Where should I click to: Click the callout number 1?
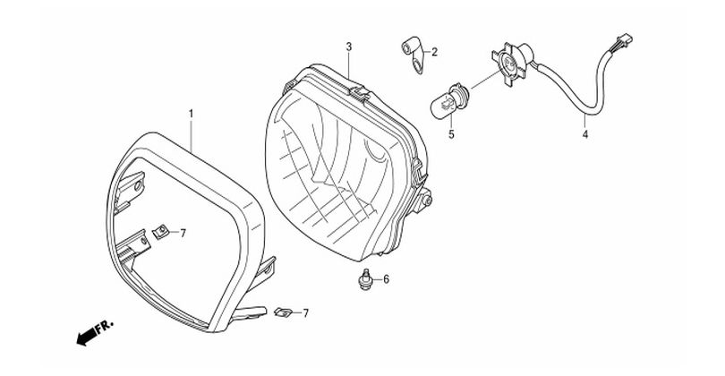pos(191,114)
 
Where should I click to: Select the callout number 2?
pos(434,52)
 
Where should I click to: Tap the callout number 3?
pos(349,47)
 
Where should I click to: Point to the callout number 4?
pos(585,135)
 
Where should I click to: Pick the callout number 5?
pos(451,134)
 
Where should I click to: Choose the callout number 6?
pos(386,279)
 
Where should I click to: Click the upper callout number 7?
pos(183,234)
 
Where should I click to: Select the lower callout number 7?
pos(305,313)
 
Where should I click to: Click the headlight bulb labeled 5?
pos(449,101)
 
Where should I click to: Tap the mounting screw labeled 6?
pos(366,280)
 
